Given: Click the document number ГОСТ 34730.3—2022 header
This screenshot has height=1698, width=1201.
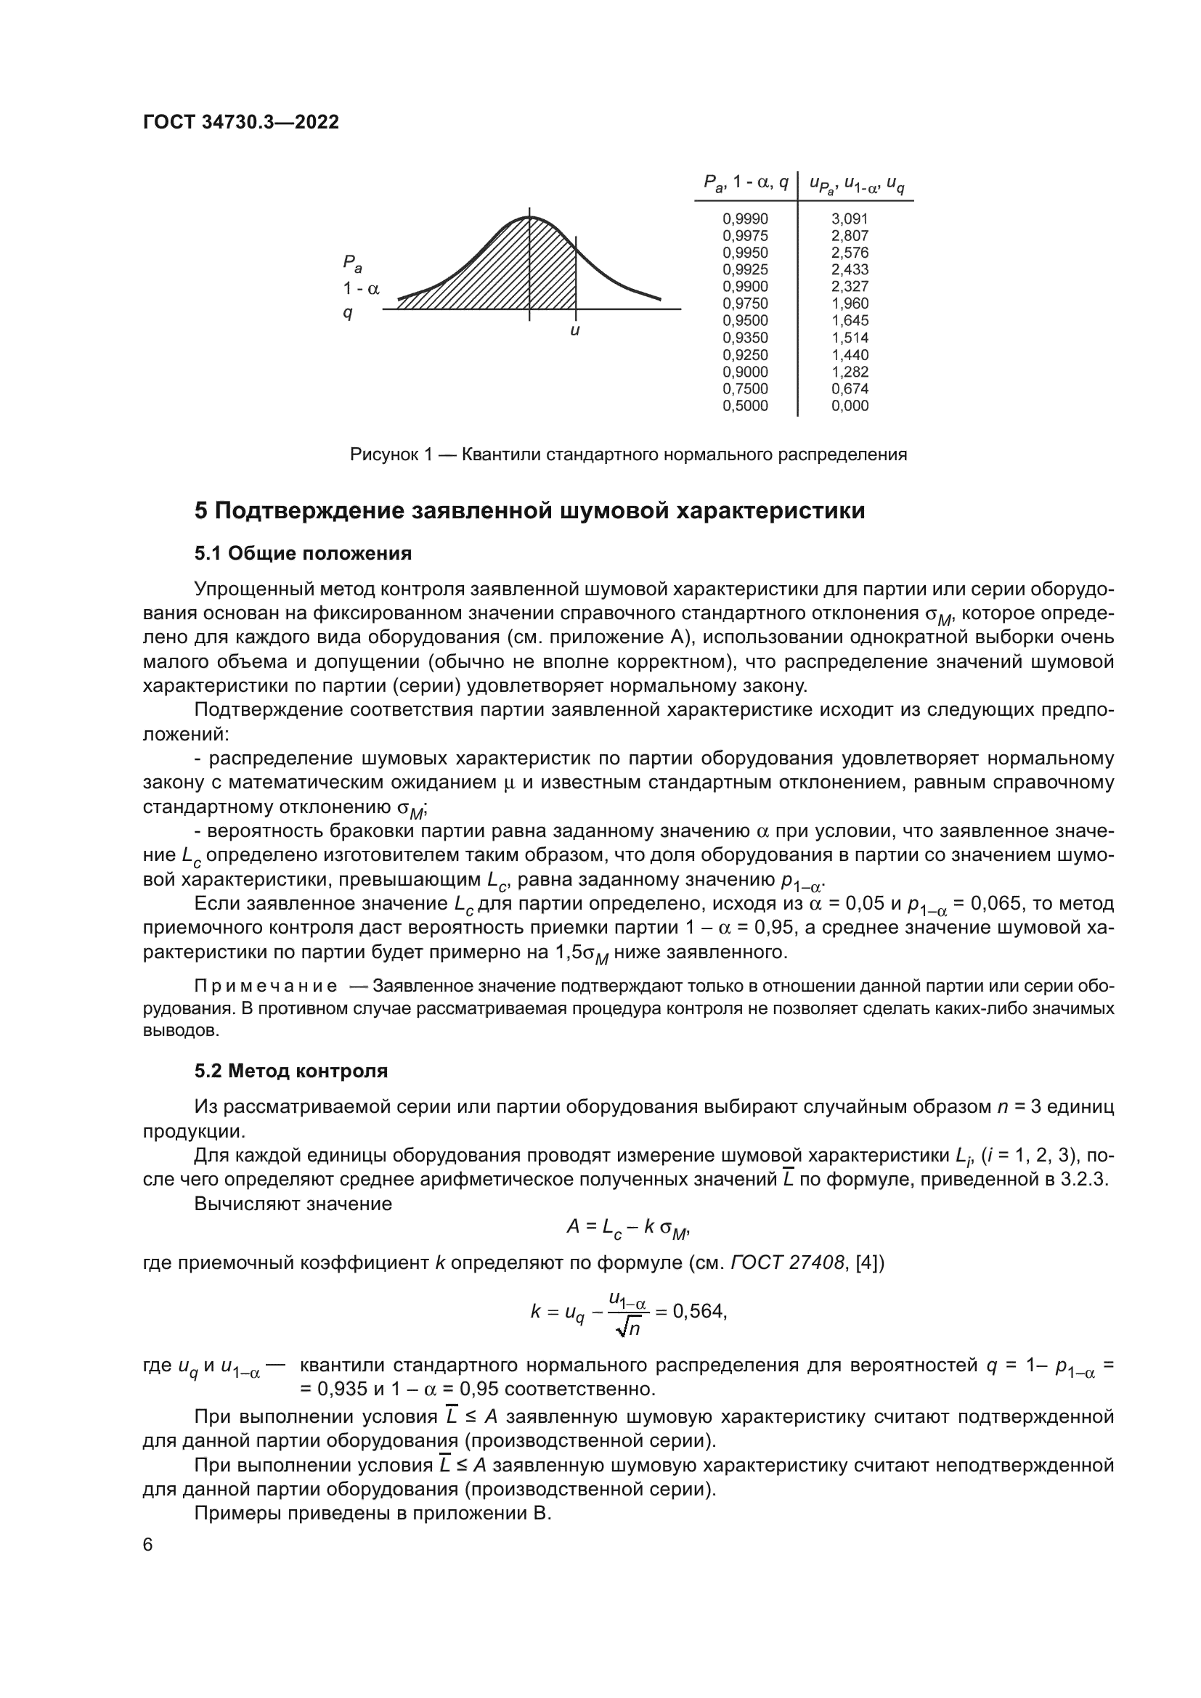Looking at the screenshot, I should click(x=241, y=123).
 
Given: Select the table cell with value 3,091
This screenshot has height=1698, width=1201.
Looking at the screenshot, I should click(x=849, y=219).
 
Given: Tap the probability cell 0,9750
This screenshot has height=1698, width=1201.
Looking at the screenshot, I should click(x=745, y=304).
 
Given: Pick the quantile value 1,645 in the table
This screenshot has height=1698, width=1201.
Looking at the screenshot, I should click(x=849, y=321).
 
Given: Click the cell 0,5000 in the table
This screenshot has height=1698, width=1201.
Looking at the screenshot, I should click(x=745, y=406).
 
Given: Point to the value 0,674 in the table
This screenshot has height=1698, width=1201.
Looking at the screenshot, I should click(x=849, y=389).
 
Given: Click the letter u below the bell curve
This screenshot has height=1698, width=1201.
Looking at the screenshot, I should click(x=574, y=331).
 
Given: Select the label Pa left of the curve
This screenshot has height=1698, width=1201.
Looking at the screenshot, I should click(x=352, y=264).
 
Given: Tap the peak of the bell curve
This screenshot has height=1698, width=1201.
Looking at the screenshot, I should click(x=529, y=218).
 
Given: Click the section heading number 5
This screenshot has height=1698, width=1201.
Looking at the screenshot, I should click(x=201, y=511).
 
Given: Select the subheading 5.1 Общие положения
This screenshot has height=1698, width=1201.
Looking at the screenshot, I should click(x=304, y=553).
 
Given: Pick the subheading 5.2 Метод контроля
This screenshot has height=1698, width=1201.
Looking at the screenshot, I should click(x=290, y=1072).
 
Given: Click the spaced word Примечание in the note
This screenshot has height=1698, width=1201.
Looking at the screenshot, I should click(x=266, y=987).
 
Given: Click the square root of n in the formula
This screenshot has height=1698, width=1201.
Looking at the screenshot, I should click(x=628, y=1328).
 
